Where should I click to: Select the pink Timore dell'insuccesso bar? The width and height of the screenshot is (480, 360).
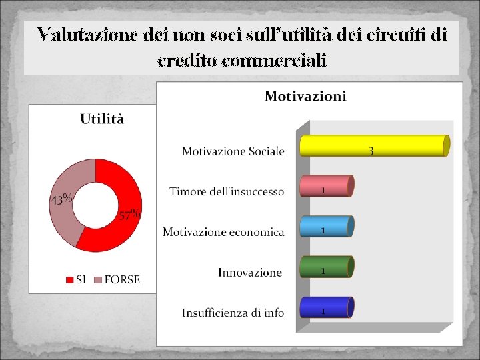click(325, 186)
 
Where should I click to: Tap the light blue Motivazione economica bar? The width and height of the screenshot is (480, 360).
click(325, 227)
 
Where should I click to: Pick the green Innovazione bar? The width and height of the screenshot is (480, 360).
click(325, 267)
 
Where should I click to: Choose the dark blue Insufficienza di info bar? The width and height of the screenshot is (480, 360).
click(325, 307)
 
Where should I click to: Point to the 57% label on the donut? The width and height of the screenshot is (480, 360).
click(129, 215)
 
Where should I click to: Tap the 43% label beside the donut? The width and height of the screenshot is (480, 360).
click(61, 199)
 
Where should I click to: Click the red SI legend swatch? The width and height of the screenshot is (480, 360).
click(69, 280)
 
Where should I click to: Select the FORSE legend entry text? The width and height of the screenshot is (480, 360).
click(122, 280)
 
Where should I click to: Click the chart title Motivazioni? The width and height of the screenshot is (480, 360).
click(305, 97)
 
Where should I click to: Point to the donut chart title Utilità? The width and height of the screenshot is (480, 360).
click(102, 119)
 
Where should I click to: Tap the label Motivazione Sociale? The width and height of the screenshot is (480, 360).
click(233, 151)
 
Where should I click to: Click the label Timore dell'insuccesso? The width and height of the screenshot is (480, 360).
click(227, 192)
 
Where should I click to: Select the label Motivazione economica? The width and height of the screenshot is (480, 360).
click(223, 232)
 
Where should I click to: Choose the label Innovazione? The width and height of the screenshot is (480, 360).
click(250, 272)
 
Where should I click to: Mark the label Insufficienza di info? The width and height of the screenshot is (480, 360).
click(233, 313)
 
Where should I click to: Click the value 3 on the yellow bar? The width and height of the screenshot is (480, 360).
click(371, 151)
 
